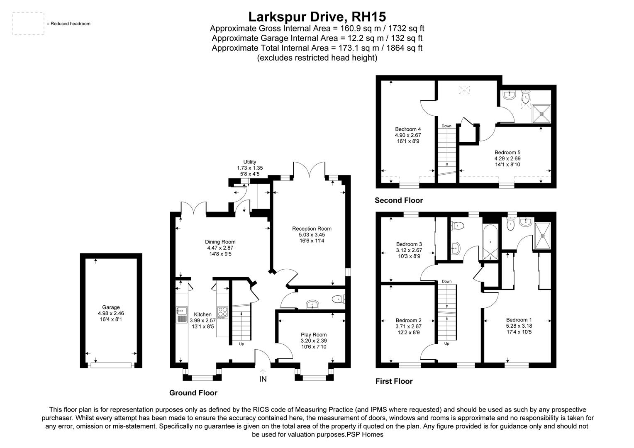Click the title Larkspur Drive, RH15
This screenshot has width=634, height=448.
(317, 17)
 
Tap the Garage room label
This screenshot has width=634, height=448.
(111, 307)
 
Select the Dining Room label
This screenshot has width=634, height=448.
(220, 242)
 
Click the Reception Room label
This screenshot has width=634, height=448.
(312, 229)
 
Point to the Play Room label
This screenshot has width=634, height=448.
(314, 334)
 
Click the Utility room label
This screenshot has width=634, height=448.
(250, 162)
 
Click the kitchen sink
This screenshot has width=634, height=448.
(181, 314)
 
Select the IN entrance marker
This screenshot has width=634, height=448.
(263, 379)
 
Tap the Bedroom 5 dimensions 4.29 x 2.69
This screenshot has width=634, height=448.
(507, 158)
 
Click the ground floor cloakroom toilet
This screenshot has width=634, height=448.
(339, 299)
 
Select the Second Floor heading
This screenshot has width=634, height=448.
(398, 200)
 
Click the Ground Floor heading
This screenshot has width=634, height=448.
(193, 393)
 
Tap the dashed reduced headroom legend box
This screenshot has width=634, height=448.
(28, 24)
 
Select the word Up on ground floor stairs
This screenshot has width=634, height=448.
(241, 344)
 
